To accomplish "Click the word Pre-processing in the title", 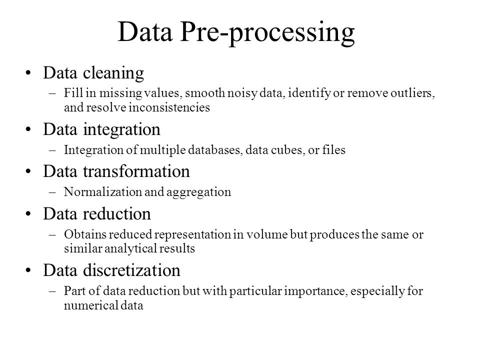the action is pos(267,33).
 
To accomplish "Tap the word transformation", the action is pos(136,171).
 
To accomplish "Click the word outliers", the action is pos(412,93).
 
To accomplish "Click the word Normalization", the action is pos(102,192).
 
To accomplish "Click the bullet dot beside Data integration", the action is pos(28,129).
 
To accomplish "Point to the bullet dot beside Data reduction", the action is pos(28,213).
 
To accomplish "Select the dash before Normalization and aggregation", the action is pos(52,192).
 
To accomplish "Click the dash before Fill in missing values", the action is pos(52,93).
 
